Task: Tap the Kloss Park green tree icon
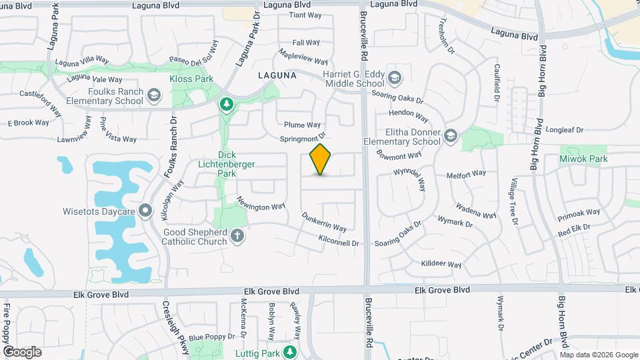click(x=227, y=104)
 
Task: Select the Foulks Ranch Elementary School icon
click(x=155, y=95)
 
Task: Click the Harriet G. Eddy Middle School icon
click(x=395, y=79)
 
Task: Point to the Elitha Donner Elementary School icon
click(x=450, y=136)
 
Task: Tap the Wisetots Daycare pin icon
click(x=147, y=211)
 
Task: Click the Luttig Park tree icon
click(x=289, y=351)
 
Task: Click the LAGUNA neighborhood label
click(x=277, y=76)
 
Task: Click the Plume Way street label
click(x=303, y=125)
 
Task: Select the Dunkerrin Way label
click(x=324, y=222)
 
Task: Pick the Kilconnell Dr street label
click(x=339, y=241)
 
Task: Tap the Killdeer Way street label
click(x=441, y=264)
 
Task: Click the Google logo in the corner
click(x=22, y=352)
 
